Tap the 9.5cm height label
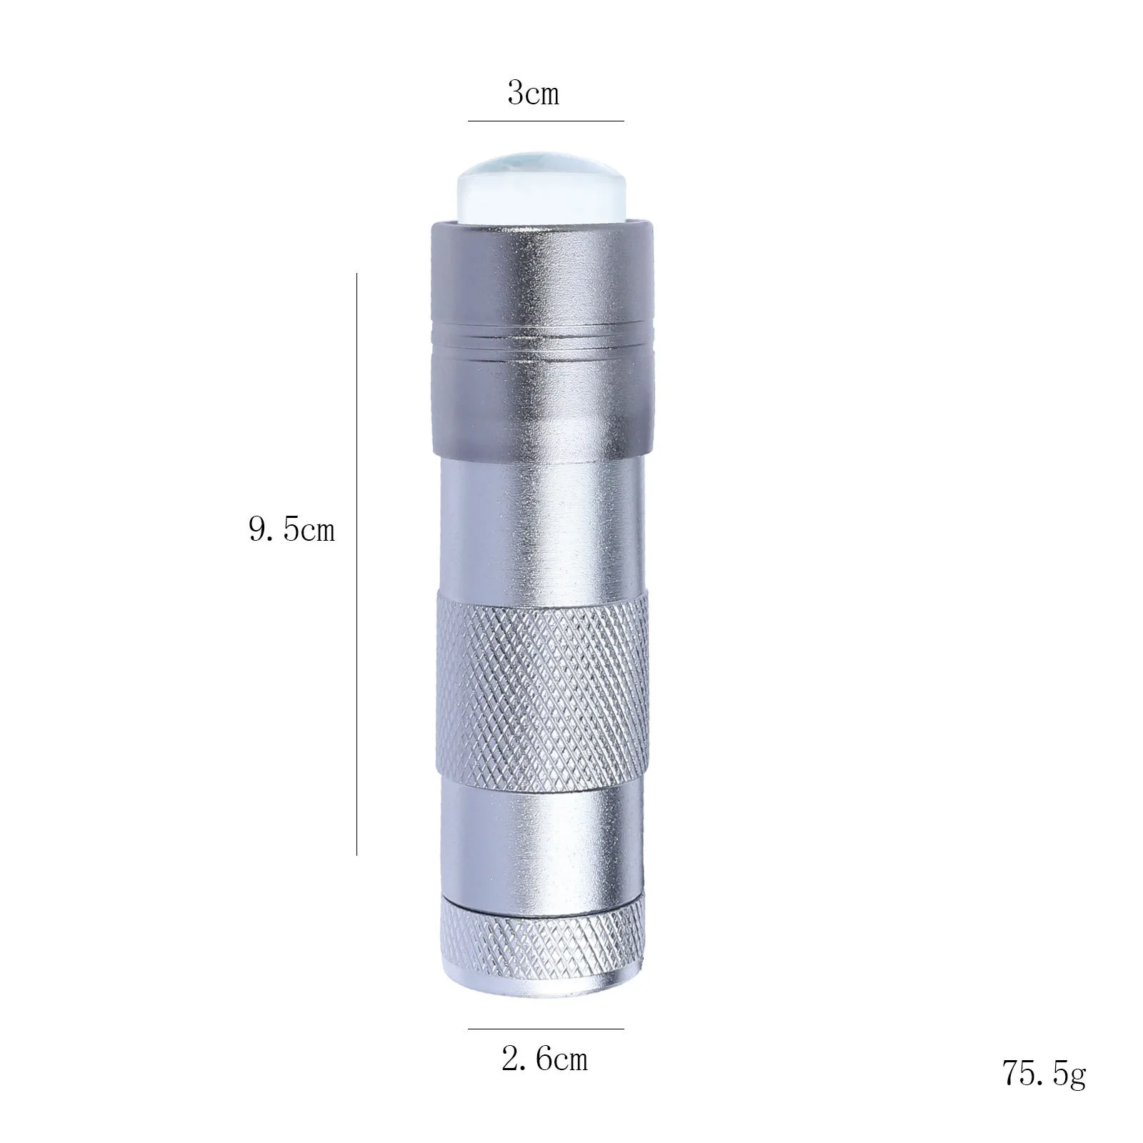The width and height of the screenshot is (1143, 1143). [291, 530]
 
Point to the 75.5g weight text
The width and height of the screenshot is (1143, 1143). [1044, 1093]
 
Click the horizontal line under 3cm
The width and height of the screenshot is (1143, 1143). [546, 121]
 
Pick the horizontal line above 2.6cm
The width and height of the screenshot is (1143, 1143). [546, 1029]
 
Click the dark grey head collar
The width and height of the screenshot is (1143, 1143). [543, 286]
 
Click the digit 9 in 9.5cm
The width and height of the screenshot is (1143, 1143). [258, 530]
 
